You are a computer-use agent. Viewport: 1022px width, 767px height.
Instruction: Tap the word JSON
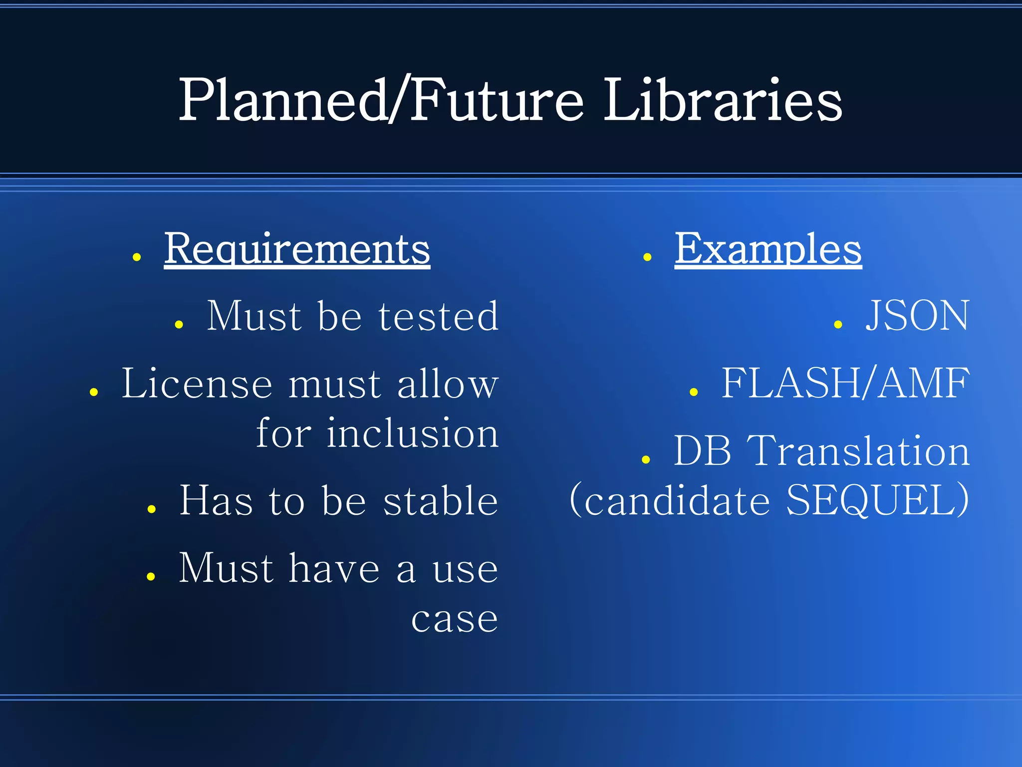pyautogui.click(x=917, y=316)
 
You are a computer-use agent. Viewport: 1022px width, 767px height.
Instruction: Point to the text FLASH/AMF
pyautogui.click(x=845, y=383)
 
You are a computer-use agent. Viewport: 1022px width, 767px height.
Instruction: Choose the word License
pyautogui.click(x=197, y=383)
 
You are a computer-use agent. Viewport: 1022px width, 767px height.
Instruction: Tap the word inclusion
pyautogui.click(x=412, y=433)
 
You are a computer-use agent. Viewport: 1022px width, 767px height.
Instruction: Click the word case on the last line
pyautogui.click(x=455, y=619)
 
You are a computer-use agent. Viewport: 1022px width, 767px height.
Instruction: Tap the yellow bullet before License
pyautogui.click(x=93, y=392)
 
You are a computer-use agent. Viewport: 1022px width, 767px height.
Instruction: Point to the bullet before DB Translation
pyautogui.click(x=646, y=460)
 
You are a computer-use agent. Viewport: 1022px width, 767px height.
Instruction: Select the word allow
pyautogui.click(x=448, y=383)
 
